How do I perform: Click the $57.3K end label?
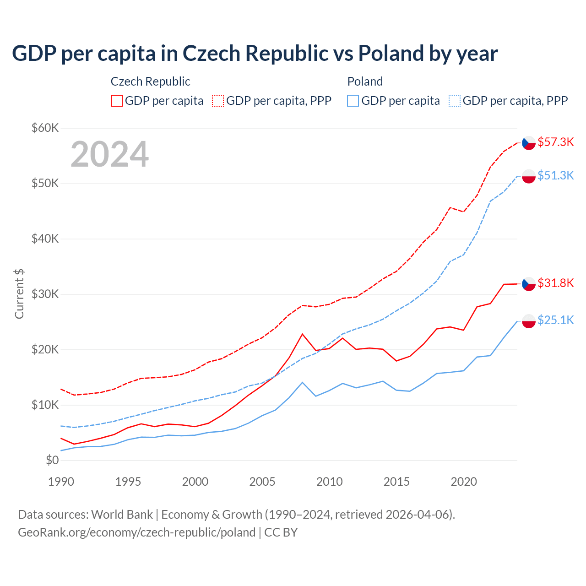click(555, 142)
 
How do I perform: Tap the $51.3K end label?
click(555, 175)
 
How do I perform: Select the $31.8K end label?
click(555, 283)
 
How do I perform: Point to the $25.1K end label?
click(555, 320)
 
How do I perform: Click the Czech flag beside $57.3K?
click(529, 143)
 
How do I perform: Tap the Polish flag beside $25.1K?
click(529, 321)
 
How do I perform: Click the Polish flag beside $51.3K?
click(529, 176)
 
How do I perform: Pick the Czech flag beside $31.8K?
click(529, 284)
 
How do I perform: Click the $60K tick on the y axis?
click(45, 128)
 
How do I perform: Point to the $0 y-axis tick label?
click(52, 460)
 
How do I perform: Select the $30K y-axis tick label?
click(45, 294)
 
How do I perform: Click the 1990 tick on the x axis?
click(61, 482)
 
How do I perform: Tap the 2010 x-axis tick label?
click(330, 482)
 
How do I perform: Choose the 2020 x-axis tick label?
click(464, 482)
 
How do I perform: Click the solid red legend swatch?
click(117, 101)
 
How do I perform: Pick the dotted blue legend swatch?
click(455, 101)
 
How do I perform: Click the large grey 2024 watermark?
click(110, 154)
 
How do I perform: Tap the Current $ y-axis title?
click(19, 294)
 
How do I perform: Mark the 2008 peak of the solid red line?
click(302, 334)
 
